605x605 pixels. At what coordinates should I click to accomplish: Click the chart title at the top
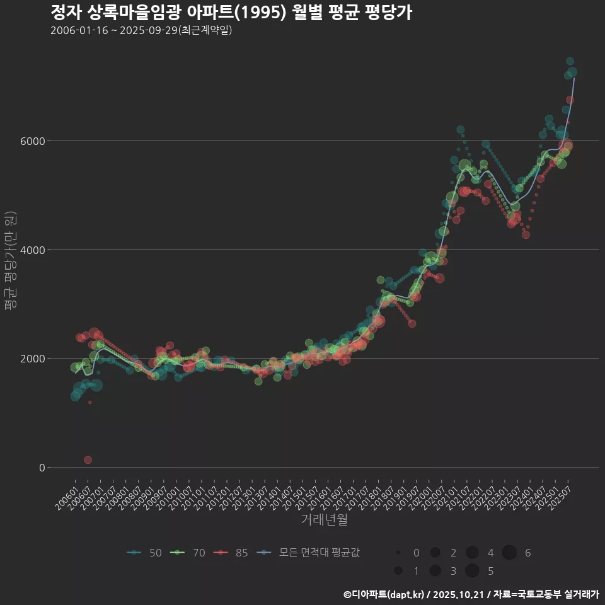tap(231, 13)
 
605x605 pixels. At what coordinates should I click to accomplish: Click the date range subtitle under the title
tap(141, 30)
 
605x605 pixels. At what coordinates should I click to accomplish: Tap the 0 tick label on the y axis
tap(42, 468)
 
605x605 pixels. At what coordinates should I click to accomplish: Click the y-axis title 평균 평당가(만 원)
tap(11, 262)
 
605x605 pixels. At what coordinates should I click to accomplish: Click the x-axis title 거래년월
tap(324, 520)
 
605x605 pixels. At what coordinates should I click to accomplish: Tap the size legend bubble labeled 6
tap(509, 553)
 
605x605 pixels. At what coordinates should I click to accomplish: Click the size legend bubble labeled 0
tap(398, 553)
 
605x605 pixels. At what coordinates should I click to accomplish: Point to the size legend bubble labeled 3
tap(435, 571)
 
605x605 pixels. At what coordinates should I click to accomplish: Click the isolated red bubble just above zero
tap(88, 460)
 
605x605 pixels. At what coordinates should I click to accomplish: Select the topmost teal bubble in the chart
tap(570, 61)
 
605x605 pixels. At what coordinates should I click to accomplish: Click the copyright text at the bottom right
tap(471, 594)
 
